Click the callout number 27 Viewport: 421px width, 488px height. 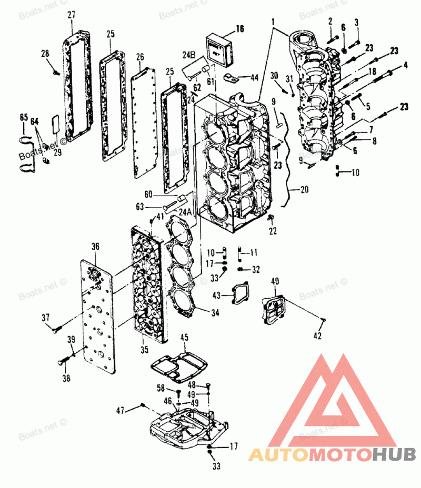[x=72, y=15]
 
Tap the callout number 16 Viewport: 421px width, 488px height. [x=240, y=29]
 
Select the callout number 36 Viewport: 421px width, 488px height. [x=95, y=246]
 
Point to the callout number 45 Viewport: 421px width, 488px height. [x=184, y=337]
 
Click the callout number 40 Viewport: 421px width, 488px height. [x=275, y=281]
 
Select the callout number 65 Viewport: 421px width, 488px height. [x=23, y=118]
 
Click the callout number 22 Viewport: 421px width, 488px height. [x=272, y=230]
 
